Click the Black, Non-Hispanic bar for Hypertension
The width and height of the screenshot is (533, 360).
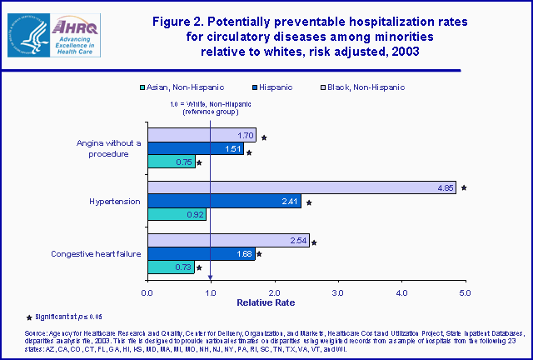click(301, 187)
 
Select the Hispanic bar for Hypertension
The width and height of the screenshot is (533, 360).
click(224, 201)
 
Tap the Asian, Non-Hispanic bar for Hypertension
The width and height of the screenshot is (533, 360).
click(177, 214)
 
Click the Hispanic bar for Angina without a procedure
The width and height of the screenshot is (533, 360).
click(196, 149)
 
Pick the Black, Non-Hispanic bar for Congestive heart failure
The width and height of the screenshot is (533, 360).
click(228, 241)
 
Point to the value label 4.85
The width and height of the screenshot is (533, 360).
click(445, 187)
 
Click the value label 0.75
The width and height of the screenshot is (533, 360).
click(184, 162)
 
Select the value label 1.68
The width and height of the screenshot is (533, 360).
click(243, 254)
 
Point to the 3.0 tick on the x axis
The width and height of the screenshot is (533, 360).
click(338, 292)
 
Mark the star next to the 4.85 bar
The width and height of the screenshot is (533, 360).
click(464, 188)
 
